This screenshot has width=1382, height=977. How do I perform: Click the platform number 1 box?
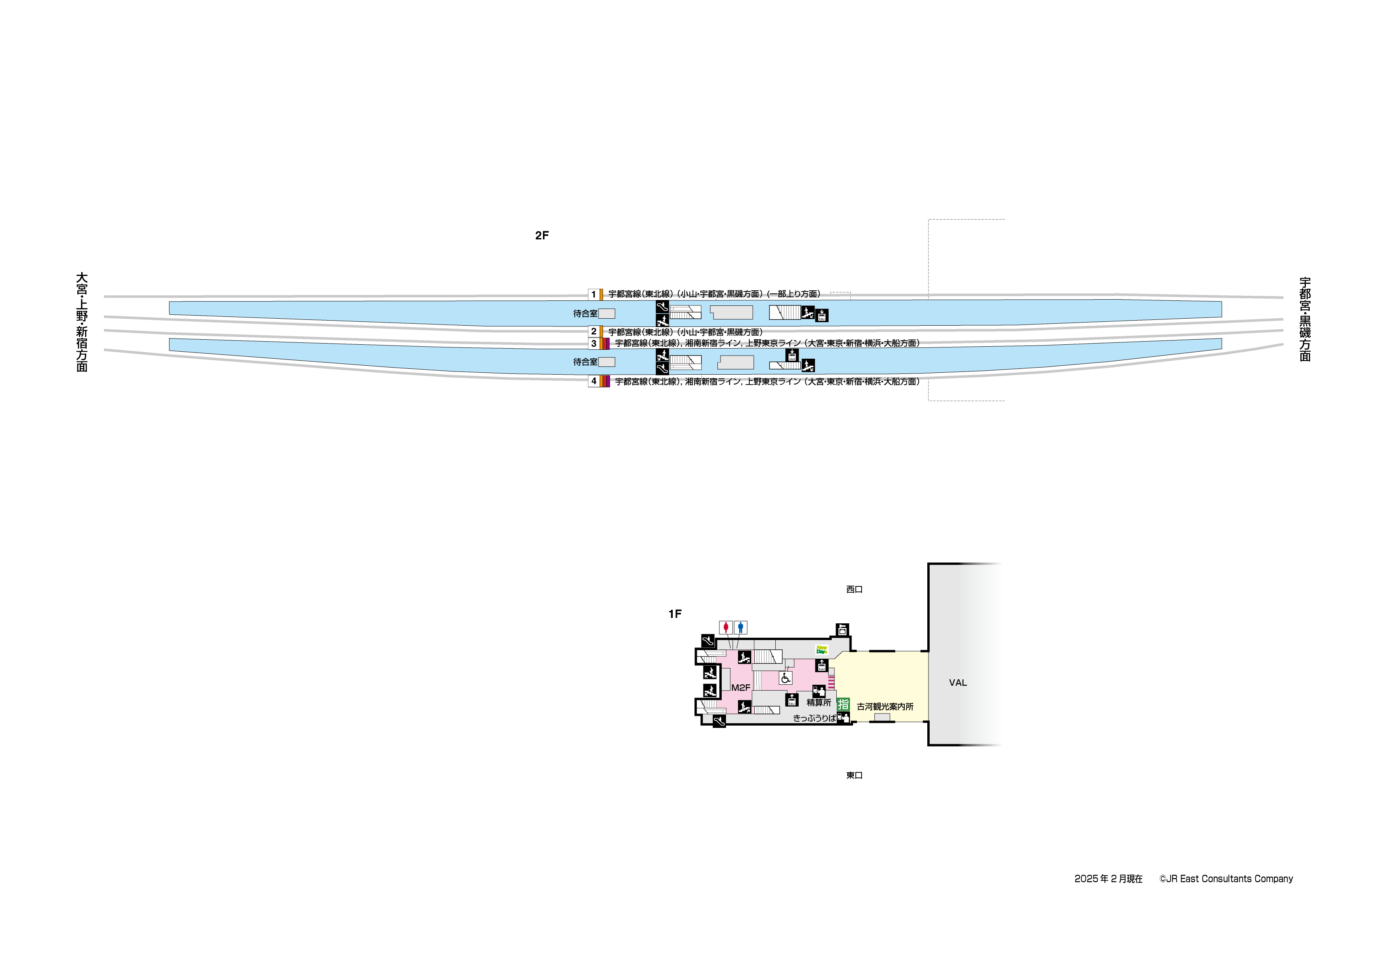point(593,294)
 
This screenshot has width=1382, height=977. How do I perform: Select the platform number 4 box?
point(593,381)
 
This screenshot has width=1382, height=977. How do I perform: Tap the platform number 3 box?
point(593,344)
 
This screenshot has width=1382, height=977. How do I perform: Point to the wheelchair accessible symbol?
point(785,679)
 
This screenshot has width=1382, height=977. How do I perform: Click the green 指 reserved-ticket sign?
point(843,704)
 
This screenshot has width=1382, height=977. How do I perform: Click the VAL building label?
point(958,683)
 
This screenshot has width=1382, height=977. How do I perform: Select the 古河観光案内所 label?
point(885,707)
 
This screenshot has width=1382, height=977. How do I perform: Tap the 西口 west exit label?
point(854,589)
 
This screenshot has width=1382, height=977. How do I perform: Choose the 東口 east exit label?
point(854,775)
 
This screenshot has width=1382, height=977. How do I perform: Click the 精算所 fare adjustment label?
point(818,703)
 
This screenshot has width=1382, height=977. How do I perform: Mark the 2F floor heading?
point(542,236)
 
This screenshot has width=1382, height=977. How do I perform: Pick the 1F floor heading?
point(675,614)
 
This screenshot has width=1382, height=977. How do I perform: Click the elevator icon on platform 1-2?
point(822,316)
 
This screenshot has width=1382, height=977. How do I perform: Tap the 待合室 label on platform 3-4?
point(585,362)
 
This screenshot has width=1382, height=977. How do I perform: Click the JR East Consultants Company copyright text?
point(1226,879)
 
